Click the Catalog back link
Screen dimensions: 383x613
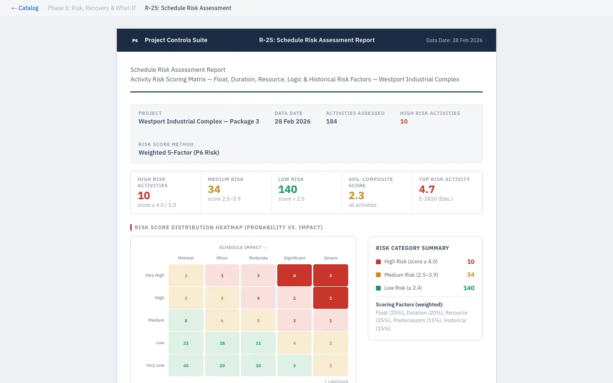point(25,8)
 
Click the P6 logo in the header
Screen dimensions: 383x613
point(135,41)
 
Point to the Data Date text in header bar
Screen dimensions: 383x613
point(454,41)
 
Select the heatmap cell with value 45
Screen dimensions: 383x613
point(186,366)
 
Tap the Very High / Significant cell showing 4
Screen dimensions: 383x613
point(294,276)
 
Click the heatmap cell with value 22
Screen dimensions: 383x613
point(186,343)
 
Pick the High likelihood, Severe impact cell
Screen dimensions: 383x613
point(330,298)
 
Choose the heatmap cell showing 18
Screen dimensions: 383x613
point(222,343)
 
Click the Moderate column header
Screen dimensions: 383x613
point(258,258)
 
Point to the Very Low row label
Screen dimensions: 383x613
point(155,365)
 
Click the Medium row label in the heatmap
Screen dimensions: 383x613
point(156,320)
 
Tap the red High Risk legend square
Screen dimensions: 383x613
point(378,262)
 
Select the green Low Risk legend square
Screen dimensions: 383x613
point(378,288)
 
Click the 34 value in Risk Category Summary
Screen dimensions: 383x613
point(470,275)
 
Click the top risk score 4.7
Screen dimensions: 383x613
point(427,190)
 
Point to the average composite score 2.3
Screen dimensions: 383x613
point(356,195)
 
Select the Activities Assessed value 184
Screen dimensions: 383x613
point(331,122)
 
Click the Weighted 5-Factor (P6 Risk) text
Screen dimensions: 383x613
point(179,153)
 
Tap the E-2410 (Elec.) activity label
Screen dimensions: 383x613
point(436,199)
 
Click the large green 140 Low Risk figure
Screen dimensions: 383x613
point(287,190)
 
